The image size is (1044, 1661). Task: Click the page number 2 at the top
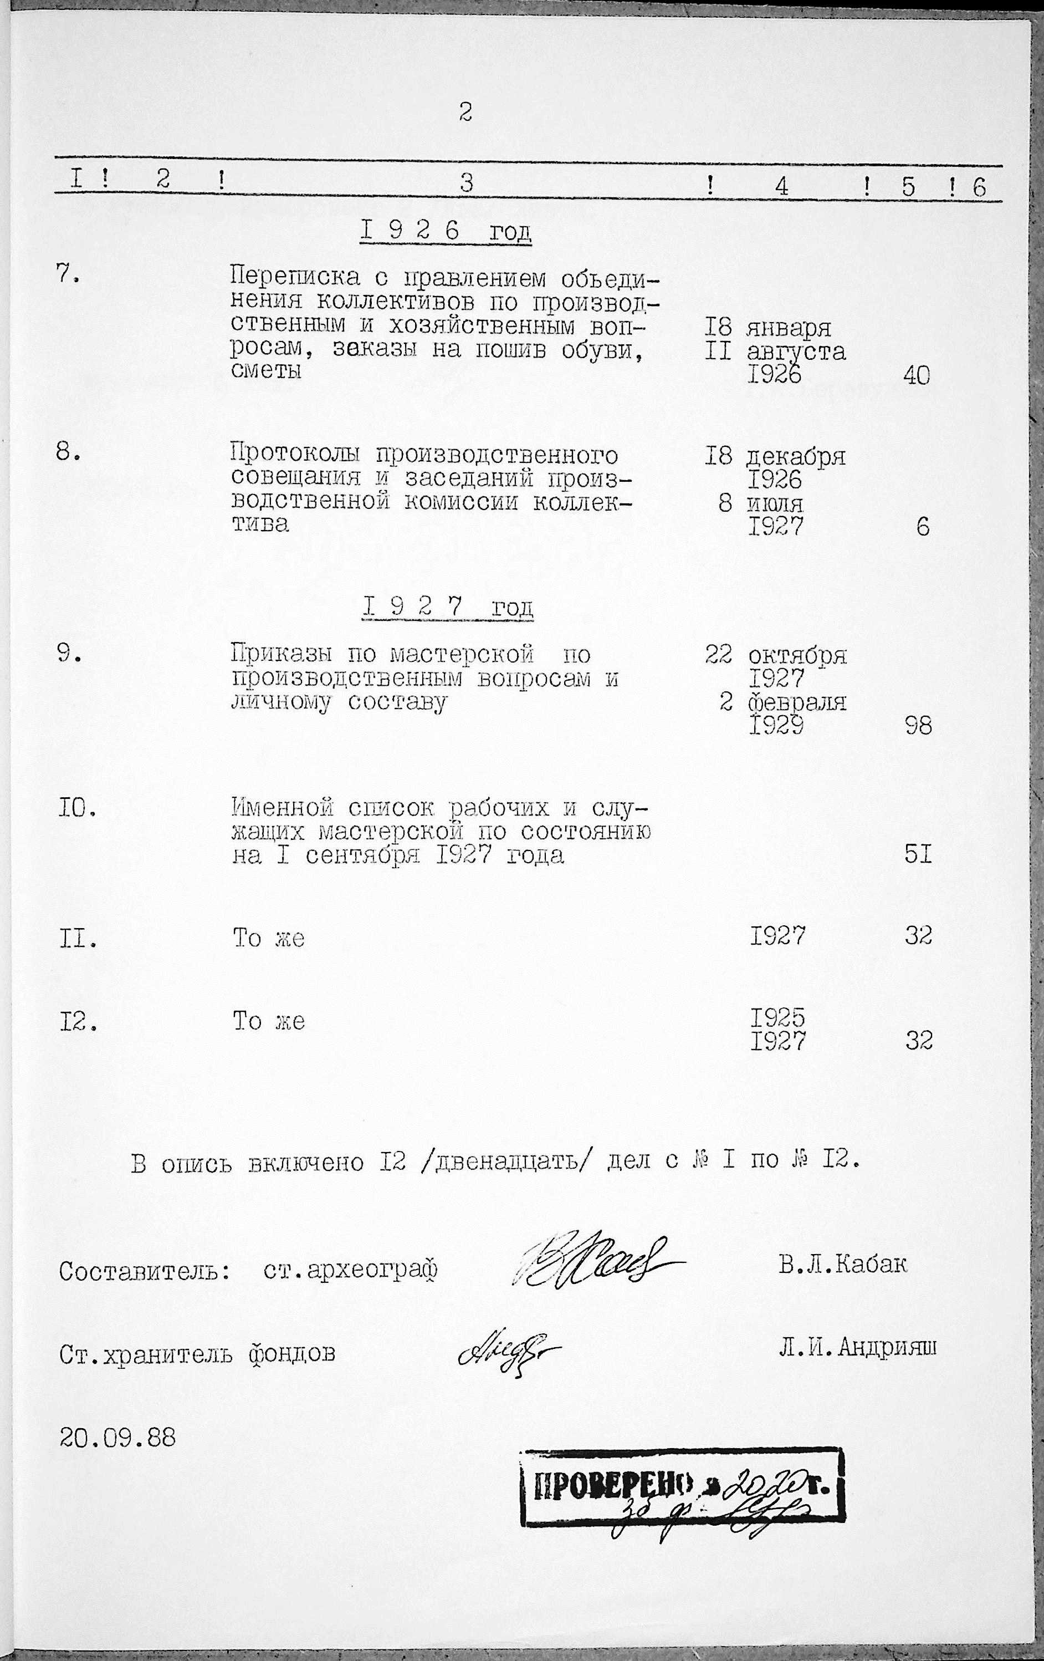tap(465, 112)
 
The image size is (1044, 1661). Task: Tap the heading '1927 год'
tap(448, 607)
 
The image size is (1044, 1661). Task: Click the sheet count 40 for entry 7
tap(917, 375)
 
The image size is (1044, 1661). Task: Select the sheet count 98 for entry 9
tap(918, 726)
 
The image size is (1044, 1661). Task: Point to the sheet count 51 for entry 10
tap(918, 855)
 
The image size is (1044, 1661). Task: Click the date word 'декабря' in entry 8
tap(796, 457)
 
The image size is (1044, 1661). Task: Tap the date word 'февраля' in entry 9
tap(797, 702)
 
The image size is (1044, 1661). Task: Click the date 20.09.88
tap(117, 1438)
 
